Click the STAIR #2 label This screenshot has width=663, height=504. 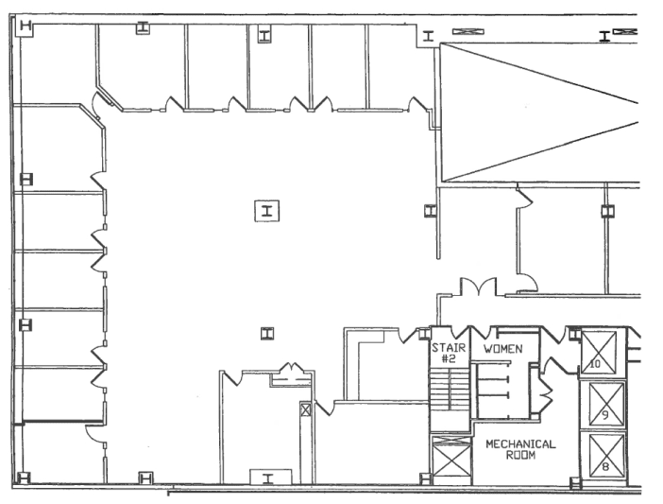[449, 354]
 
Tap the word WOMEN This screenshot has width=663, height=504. [502, 349]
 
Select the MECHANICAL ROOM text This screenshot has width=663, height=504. [520, 449]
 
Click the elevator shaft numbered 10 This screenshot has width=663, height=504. [599, 353]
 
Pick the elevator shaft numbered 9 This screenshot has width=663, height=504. [606, 404]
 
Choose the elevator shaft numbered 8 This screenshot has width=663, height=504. [606, 455]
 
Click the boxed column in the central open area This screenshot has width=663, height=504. [267, 211]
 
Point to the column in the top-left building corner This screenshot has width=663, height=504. [25, 26]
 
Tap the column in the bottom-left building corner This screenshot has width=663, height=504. [24, 478]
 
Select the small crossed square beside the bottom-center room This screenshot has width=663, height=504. [305, 409]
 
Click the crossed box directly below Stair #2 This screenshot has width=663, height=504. [450, 460]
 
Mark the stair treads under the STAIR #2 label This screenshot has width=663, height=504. [450, 389]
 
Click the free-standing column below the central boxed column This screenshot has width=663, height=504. [267, 334]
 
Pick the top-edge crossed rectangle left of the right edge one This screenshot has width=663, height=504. [468, 31]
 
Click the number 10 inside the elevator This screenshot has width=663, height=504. [595, 364]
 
